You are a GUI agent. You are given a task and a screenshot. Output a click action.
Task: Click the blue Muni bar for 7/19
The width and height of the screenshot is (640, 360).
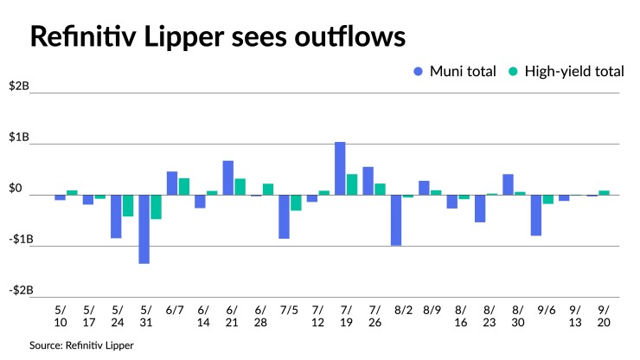click(x=340, y=169)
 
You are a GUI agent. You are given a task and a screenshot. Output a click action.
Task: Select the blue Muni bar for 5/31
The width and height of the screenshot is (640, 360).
click(x=144, y=229)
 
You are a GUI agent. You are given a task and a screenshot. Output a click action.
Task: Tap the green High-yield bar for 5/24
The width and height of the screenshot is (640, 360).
click(x=128, y=206)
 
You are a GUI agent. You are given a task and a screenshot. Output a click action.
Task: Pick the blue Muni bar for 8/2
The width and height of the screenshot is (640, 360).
click(x=396, y=221)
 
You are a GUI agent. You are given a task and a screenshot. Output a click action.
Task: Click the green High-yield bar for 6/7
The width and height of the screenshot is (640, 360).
click(x=184, y=187)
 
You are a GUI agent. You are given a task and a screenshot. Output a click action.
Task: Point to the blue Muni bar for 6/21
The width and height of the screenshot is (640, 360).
click(x=228, y=177)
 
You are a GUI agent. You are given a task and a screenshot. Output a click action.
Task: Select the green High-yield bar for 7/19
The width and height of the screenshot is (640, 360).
click(x=352, y=184)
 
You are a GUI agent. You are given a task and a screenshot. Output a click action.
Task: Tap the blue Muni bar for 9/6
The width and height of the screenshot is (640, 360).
click(x=536, y=215)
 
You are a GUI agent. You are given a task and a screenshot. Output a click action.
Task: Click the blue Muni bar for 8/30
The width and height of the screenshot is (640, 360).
click(x=509, y=184)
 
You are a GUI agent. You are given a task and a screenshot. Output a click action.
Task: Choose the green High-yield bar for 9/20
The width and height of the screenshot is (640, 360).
click(x=604, y=193)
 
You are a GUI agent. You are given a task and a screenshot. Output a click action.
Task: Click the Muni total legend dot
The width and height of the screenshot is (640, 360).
click(x=418, y=72)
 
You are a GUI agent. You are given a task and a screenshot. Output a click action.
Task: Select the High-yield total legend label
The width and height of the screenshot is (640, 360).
click(x=574, y=72)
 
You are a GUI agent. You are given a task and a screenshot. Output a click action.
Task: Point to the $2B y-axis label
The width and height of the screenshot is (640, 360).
click(x=19, y=86)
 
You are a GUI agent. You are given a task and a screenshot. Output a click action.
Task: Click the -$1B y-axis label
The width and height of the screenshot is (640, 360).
click(x=21, y=239)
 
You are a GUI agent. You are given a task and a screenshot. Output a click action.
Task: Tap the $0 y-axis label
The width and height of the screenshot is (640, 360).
click(x=16, y=188)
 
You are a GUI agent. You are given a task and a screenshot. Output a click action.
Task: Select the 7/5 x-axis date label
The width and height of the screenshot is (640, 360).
click(x=289, y=310)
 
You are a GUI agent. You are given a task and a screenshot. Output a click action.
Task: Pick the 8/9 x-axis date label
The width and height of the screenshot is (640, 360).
click(x=432, y=310)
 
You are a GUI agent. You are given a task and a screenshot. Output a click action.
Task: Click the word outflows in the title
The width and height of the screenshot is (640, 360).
click(x=350, y=36)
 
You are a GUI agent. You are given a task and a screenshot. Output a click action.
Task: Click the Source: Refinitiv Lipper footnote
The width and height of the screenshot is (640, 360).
click(x=81, y=345)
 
